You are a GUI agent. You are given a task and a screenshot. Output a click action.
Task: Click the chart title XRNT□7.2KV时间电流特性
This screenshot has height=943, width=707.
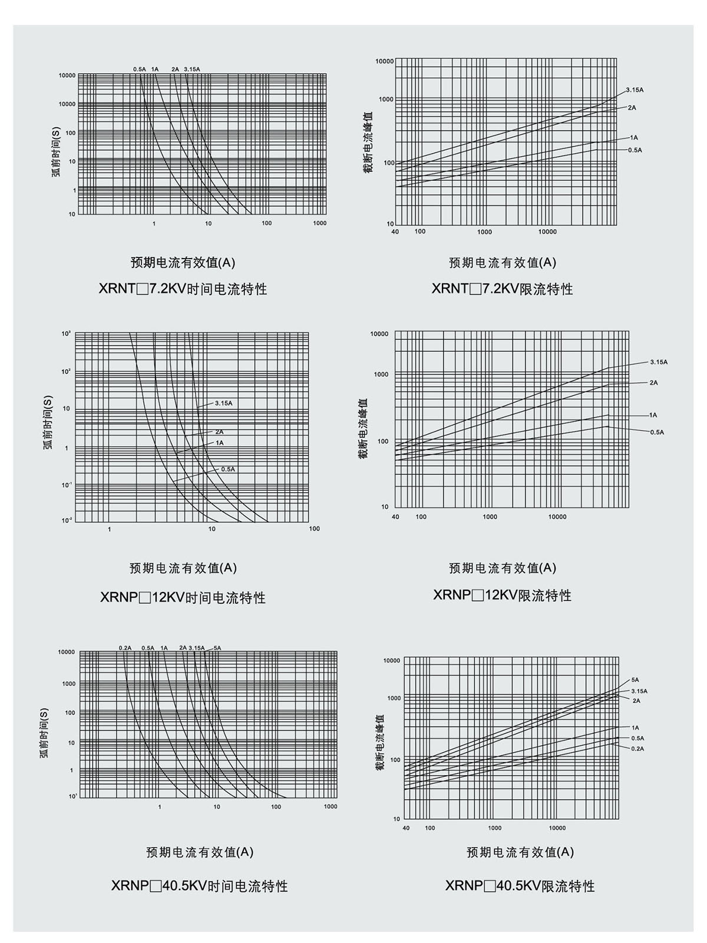click(x=183, y=289)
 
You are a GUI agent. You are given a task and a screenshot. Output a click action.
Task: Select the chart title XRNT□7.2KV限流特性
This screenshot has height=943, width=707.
click(x=502, y=289)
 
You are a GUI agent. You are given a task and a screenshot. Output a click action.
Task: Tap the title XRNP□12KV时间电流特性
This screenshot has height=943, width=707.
click(x=183, y=598)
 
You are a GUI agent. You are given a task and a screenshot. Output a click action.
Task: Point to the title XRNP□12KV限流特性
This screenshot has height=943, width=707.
click(x=502, y=595)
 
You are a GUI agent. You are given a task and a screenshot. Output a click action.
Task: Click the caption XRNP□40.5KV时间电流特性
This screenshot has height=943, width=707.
click(x=199, y=886)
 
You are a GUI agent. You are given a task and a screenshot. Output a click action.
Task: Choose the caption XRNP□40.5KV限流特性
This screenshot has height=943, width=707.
click(x=520, y=886)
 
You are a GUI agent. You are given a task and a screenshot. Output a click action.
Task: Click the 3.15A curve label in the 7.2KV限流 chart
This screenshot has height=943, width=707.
click(x=635, y=90)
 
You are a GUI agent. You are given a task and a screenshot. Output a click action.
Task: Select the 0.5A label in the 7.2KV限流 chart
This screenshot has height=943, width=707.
click(x=635, y=150)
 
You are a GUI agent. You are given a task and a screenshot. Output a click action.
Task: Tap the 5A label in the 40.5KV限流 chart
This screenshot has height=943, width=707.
click(x=635, y=680)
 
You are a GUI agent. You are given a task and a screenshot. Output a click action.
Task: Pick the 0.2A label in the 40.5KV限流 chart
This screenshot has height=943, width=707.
click(x=637, y=749)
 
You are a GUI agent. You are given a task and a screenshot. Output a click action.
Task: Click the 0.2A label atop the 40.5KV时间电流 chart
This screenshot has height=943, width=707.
click(x=125, y=648)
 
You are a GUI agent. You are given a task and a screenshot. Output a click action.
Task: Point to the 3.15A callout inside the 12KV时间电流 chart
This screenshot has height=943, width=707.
click(x=224, y=403)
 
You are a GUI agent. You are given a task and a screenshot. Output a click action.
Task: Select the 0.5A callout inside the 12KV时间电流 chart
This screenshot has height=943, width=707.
click(x=228, y=469)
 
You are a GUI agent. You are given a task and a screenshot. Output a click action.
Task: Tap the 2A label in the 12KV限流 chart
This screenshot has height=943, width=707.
click(x=653, y=383)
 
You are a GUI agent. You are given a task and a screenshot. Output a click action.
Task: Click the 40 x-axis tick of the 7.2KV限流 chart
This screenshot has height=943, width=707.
click(x=395, y=232)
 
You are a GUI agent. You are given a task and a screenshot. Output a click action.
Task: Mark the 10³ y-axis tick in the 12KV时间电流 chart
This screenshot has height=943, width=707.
click(x=66, y=334)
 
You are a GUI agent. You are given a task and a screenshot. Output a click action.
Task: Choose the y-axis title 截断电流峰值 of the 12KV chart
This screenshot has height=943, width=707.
click(x=364, y=428)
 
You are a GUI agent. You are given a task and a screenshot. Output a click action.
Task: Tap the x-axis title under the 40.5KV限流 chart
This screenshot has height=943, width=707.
click(x=520, y=852)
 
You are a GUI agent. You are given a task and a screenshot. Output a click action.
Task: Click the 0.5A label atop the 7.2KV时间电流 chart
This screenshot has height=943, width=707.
click(x=140, y=70)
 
